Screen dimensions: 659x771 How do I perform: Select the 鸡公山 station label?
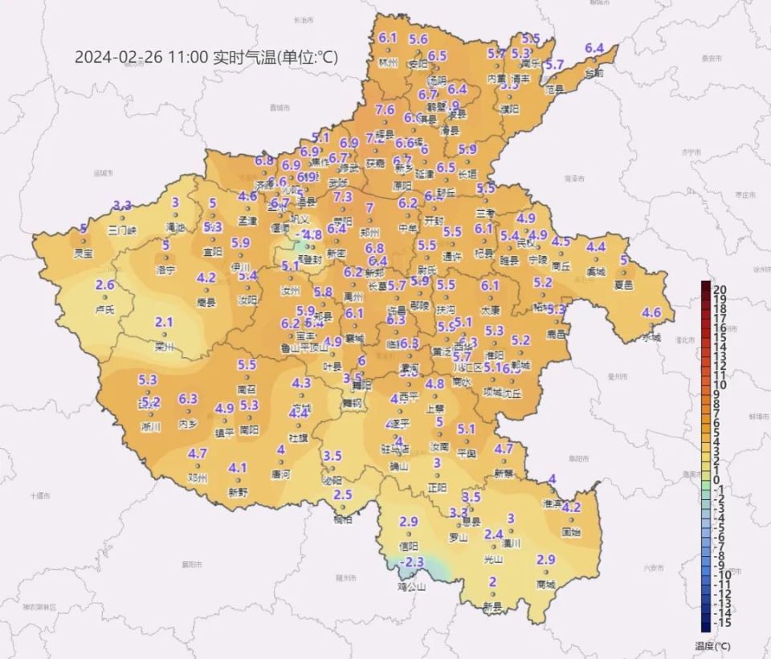pyautogui.click(x=411, y=586)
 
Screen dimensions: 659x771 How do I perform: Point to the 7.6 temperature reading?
pyautogui.click(x=385, y=110)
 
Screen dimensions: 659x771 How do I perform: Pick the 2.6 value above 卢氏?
pyautogui.click(x=105, y=285)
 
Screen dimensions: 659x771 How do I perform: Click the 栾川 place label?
pyautogui.click(x=165, y=348)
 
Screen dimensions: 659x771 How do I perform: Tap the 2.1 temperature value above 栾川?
pyautogui.click(x=164, y=323)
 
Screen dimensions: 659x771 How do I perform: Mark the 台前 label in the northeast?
pyautogui.click(x=594, y=72)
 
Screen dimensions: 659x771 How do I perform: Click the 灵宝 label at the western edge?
pyautogui.click(x=84, y=254)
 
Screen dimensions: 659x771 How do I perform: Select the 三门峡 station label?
pyautogui.click(x=122, y=230)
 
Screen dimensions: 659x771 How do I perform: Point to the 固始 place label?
pyautogui.click(x=571, y=531)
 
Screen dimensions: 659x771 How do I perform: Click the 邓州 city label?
pyautogui.click(x=198, y=478)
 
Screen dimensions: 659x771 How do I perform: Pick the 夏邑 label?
pyautogui.click(x=624, y=284)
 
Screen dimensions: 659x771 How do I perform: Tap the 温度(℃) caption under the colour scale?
pyautogui.click(x=712, y=645)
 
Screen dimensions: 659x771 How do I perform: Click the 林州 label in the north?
pyautogui.click(x=389, y=62)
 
